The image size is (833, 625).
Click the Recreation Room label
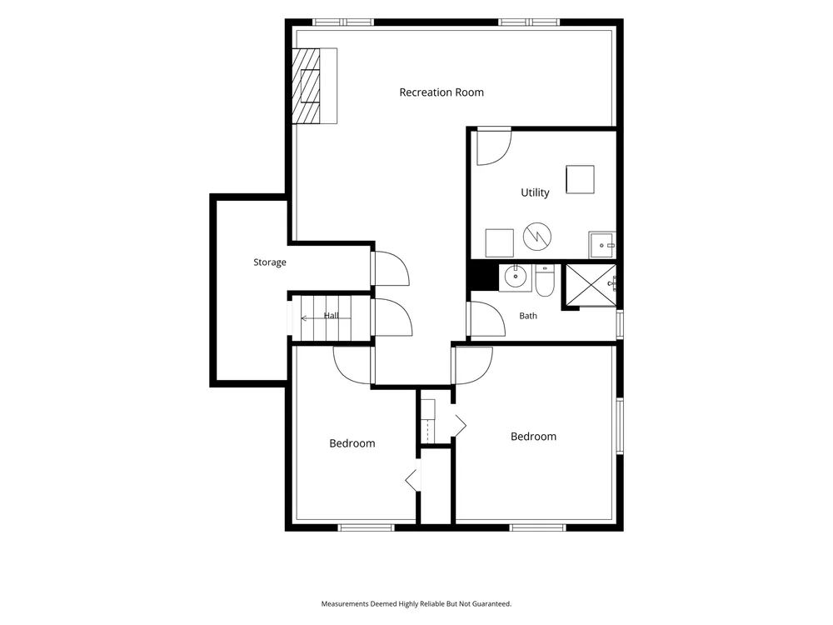[x=441, y=92]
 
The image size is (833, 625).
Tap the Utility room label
[x=535, y=192]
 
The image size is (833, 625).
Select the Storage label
[x=270, y=262]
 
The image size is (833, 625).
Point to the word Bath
[x=528, y=316]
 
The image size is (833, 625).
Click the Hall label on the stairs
[x=332, y=316]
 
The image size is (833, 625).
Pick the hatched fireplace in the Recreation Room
[x=307, y=86]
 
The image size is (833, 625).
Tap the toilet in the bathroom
[x=545, y=280]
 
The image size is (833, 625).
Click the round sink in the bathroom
[x=515, y=277]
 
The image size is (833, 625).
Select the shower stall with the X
[x=591, y=285]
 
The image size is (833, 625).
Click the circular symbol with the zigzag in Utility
[x=537, y=237]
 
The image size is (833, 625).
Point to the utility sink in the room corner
[x=602, y=244]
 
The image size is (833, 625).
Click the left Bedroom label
[x=352, y=443]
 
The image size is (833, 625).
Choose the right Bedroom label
[x=533, y=437]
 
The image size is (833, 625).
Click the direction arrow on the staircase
[x=326, y=318]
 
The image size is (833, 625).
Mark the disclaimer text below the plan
[x=416, y=603]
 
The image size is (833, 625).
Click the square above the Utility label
[x=580, y=179]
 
